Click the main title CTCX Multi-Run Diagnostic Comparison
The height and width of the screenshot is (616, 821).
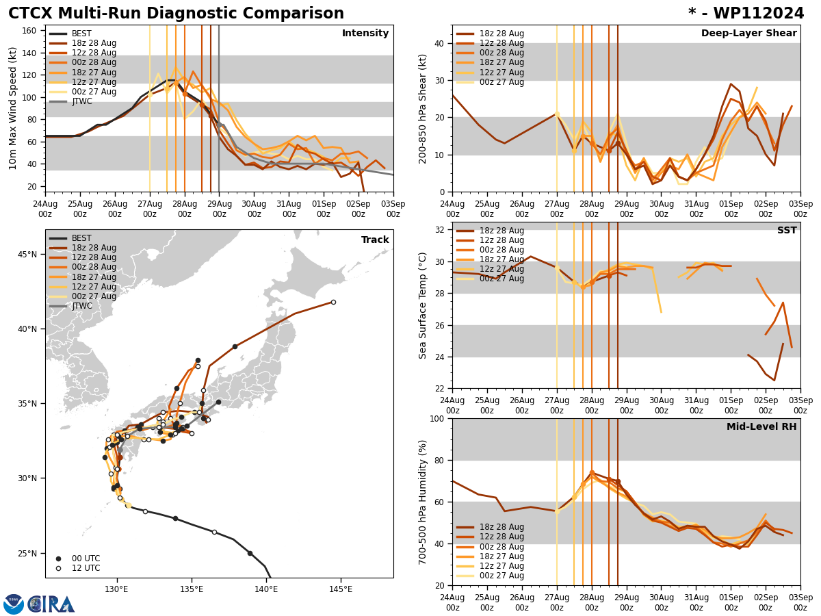tap(176, 14)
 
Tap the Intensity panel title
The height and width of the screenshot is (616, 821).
tap(365, 34)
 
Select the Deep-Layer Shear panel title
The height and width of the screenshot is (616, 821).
tap(748, 34)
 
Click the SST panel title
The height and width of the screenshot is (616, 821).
tap(786, 231)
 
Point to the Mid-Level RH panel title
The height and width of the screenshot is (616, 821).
tap(761, 427)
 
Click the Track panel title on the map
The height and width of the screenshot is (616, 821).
tap(375, 240)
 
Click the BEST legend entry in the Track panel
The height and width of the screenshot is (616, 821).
tap(81, 238)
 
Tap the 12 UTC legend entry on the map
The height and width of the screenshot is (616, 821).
tap(85, 568)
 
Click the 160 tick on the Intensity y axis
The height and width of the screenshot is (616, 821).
tap(31, 31)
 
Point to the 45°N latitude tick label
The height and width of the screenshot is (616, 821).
tap(28, 255)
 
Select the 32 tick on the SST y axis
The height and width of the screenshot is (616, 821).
tap(440, 230)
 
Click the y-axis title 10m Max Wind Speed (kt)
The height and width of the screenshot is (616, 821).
tap(12, 108)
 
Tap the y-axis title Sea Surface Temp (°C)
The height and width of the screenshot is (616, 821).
tap(423, 305)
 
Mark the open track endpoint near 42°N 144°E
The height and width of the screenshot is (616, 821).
tap(333, 302)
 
